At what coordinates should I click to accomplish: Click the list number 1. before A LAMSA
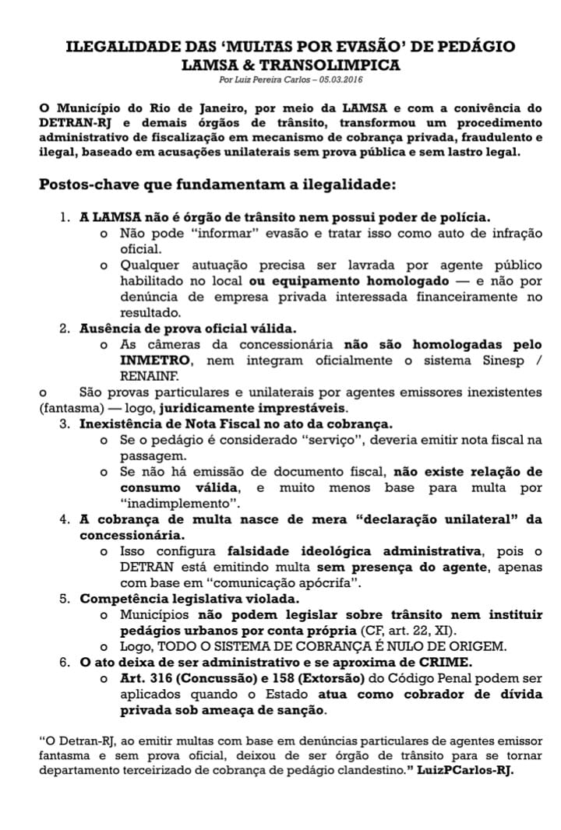click(x=65, y=217)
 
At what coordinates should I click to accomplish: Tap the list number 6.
click(x=65, y=662)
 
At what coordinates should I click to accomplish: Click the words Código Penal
click(x=426, y=678)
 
